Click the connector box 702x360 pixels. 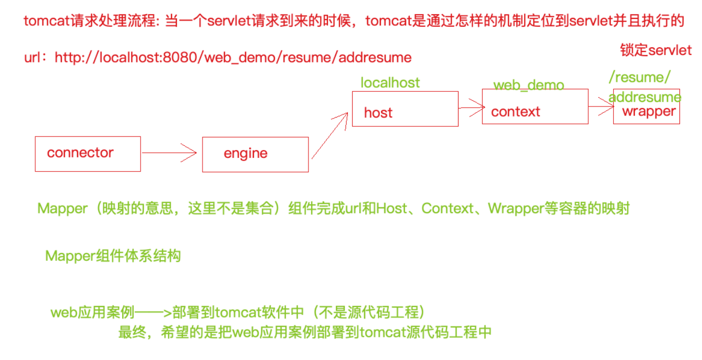88,154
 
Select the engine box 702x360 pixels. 255,154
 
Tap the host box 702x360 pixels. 405,109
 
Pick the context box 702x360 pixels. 535,107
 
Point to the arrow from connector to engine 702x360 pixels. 169,153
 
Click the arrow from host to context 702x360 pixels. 471,108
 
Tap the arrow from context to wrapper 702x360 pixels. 601,107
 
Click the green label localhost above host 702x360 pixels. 390,82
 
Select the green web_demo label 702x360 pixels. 528,85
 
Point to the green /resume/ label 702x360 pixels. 640,78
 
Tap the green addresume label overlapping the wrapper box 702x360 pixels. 645,97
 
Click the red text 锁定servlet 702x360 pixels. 656,50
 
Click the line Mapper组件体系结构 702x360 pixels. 113,256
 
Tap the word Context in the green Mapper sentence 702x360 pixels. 448,209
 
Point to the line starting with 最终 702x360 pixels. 305,333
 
